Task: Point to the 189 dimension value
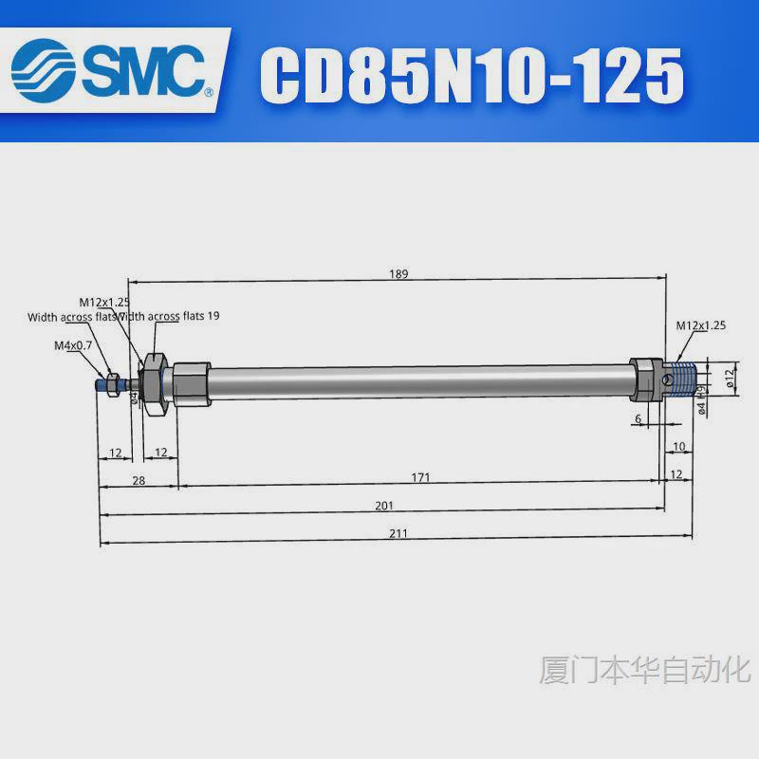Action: pos(398,274)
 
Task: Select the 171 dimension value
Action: pos(420,477)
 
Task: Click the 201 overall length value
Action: pos(383,506)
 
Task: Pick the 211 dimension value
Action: pos(398,534)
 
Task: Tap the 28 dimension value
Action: pos(139,481)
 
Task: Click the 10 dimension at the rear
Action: pos(678,446)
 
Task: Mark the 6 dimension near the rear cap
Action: pos(639,418)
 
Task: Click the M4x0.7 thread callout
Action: pos(72,345)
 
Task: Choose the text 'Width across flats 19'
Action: pos(171,316)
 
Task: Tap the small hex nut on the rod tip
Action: pos(110,383)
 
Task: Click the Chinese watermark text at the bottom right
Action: pos(644,669)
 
